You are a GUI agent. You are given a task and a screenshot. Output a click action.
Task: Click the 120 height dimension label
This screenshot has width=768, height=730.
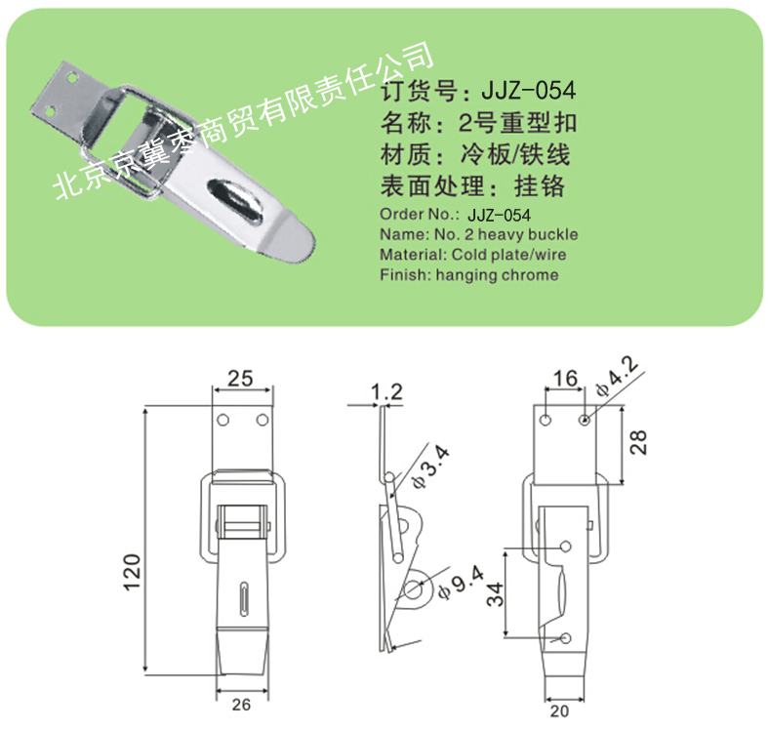(x=133, y=572)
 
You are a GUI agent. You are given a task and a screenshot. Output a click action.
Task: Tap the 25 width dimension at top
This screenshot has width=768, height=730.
(x=240, y=379)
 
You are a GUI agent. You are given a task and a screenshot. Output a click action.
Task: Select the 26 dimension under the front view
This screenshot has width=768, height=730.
(x=241, y=705)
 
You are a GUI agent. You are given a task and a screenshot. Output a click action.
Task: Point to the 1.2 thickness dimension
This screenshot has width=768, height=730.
(x=387, y=392)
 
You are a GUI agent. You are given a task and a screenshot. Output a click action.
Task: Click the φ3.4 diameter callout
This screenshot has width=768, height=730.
(x=430, y=467)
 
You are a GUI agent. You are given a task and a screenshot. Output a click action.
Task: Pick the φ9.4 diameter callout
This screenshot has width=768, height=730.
(x=461, y=582)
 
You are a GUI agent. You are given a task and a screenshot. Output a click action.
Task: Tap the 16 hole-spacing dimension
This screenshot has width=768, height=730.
(x=565, y=379)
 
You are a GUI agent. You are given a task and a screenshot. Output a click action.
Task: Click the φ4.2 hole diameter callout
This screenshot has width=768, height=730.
(x=617, y=377)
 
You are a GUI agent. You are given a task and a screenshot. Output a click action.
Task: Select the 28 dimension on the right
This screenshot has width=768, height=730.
(x=638, y=442)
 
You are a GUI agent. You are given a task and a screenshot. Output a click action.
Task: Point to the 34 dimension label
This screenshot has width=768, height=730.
(x=495, y=594)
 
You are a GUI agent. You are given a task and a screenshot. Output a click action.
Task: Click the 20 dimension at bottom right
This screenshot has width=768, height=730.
(x=559, y=710)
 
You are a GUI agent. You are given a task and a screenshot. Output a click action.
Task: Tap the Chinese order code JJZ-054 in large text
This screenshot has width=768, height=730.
(x=529, y=90)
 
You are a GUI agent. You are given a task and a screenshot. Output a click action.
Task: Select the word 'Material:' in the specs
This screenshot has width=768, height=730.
(x=413, y=255)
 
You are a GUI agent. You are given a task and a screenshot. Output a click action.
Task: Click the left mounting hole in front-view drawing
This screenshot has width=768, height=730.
(x=222, y=421)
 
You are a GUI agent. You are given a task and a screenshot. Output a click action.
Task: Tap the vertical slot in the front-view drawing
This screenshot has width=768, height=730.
(x=243, y=598)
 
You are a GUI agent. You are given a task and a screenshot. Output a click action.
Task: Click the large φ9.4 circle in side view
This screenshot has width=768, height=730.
(x=415, y=589)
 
